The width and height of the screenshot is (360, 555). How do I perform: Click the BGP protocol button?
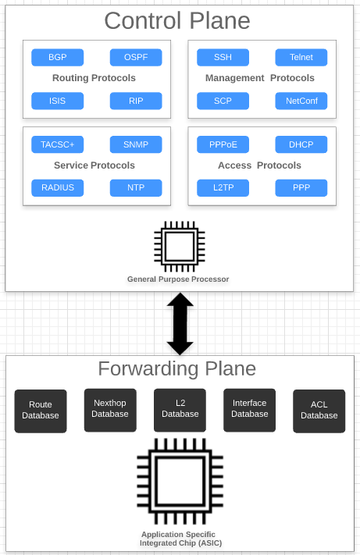click(57, 58)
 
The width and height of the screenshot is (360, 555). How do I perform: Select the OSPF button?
click(136, 58)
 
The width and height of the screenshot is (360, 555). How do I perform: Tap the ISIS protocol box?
click(57, 101)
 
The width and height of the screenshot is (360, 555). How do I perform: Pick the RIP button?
click(136, 101)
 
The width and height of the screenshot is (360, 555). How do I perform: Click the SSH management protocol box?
click(223, 58)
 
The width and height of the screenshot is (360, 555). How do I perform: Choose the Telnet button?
click(301, 58)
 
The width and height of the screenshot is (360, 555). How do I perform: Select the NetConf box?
click(301, 101)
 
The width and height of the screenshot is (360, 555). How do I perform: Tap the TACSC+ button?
click(57, 144)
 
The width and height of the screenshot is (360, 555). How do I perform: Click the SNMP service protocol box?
click(136, 144)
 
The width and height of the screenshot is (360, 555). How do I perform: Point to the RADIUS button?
click(57, 187)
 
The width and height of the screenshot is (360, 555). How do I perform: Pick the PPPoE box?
click(223, 144)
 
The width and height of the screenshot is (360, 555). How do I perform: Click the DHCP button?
click(301, 144)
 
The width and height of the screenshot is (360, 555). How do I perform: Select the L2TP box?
click(223, 187)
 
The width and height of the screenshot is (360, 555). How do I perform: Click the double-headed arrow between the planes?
click(180, 323)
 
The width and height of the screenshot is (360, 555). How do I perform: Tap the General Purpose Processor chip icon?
click(180, 246)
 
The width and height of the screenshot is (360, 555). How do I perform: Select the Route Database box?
click(41, 411)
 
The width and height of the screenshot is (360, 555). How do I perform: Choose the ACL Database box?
click(319, 411)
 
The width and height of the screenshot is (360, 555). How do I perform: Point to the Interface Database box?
click(249, 410)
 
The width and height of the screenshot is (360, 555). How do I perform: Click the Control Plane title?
click(177, 21)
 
